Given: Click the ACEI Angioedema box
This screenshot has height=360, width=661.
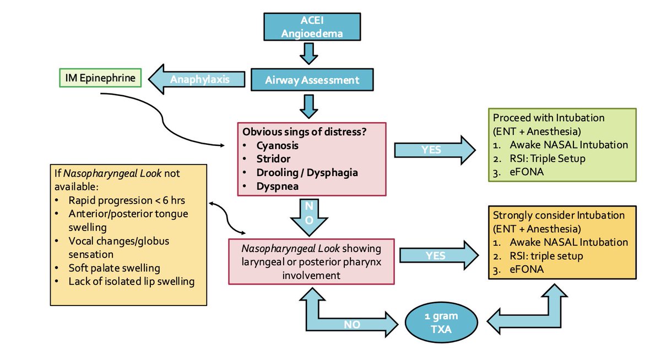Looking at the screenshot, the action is point(312,26).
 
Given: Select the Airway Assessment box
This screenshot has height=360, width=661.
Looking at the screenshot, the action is point(312,80).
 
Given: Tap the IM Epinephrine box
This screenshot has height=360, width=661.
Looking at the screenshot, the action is point(100,78).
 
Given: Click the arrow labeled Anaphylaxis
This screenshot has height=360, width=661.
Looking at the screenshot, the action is point(197,79).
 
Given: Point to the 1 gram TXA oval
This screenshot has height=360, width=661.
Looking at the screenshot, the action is point(441,322).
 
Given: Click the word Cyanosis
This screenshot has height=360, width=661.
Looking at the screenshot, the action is point(277,145).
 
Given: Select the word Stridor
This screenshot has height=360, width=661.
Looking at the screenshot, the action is point(273,159).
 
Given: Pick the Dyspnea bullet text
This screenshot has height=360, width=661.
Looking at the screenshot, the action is point(278,187).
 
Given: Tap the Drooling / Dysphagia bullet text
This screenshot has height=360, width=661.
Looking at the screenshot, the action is point(307,172).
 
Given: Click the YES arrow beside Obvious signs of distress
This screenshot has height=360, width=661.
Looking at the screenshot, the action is point(435,150).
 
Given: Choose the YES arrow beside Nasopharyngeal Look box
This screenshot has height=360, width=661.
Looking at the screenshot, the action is point(439,255).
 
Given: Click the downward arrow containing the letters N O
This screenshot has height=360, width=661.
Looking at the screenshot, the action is point(309,217).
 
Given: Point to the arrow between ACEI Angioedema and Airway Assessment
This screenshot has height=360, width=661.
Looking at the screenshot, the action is point(308,53).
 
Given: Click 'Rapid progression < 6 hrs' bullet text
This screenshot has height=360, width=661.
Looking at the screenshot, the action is point(127,200).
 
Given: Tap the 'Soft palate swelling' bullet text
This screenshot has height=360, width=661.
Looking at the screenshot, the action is point(114,268).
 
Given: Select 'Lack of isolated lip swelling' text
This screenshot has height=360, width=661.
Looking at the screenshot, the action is point(131,282).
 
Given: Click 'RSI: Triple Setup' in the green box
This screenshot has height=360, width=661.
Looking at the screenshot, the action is point(548,159).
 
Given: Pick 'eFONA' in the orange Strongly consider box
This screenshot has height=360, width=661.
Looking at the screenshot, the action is point(527,269).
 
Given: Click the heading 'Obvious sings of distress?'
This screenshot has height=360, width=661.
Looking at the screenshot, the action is point(304,132).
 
